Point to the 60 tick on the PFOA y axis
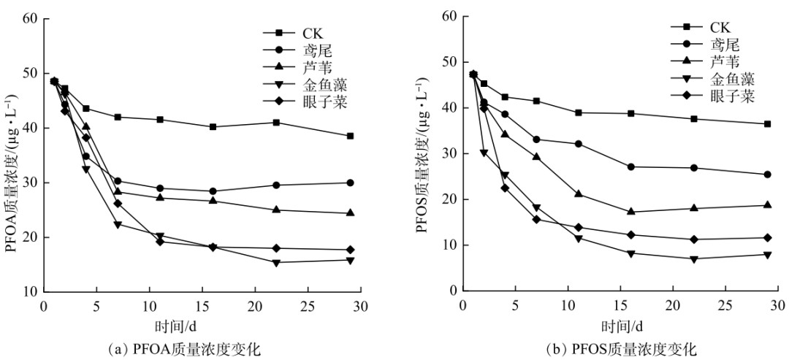point(29,18)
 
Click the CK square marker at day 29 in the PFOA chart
point(350,136)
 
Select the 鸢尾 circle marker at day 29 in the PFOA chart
point(350,183)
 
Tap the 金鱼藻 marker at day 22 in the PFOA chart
point(276,263)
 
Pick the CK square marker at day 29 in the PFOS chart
point(767,124)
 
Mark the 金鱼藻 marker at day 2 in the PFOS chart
point(484,153)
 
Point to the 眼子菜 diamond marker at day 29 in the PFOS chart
point(767,237)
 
